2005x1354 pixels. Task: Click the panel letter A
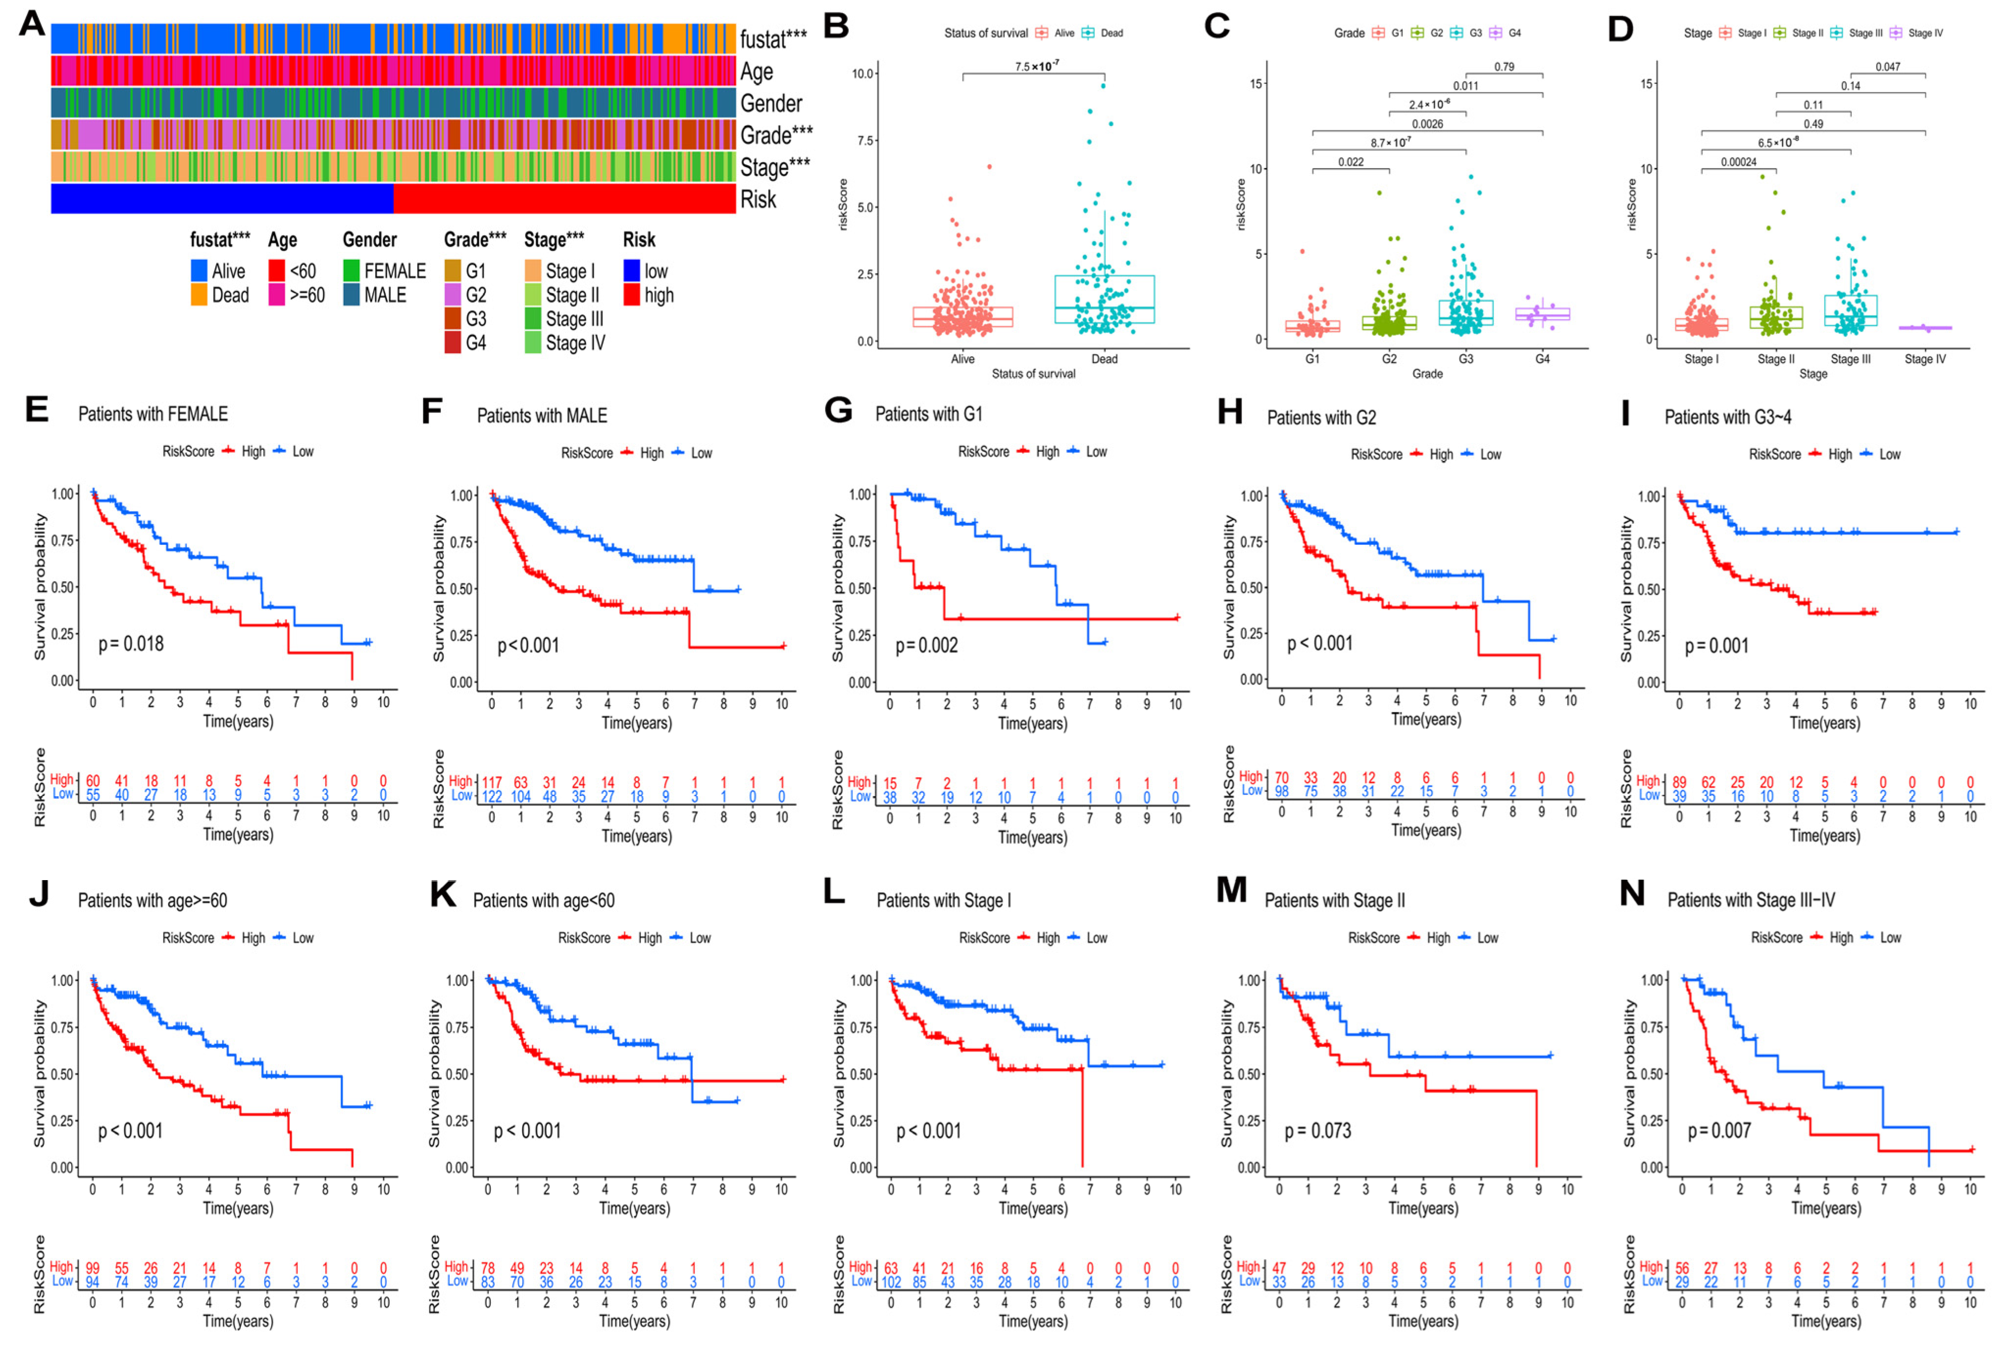[32, 24]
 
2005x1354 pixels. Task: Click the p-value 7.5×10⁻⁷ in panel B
[1036, 66]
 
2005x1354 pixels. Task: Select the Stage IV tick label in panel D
[1925, 359]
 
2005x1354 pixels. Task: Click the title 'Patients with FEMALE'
[152, 414]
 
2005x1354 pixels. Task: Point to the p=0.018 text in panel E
[130, 643]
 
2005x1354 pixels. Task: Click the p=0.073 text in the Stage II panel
[1318, 1131]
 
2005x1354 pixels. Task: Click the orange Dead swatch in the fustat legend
[199, 295]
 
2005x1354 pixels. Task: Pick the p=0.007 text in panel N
[1719, 1131]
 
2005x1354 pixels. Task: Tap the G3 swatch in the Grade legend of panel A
[453, 319]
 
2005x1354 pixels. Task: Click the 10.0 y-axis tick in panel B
[863, 74]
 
